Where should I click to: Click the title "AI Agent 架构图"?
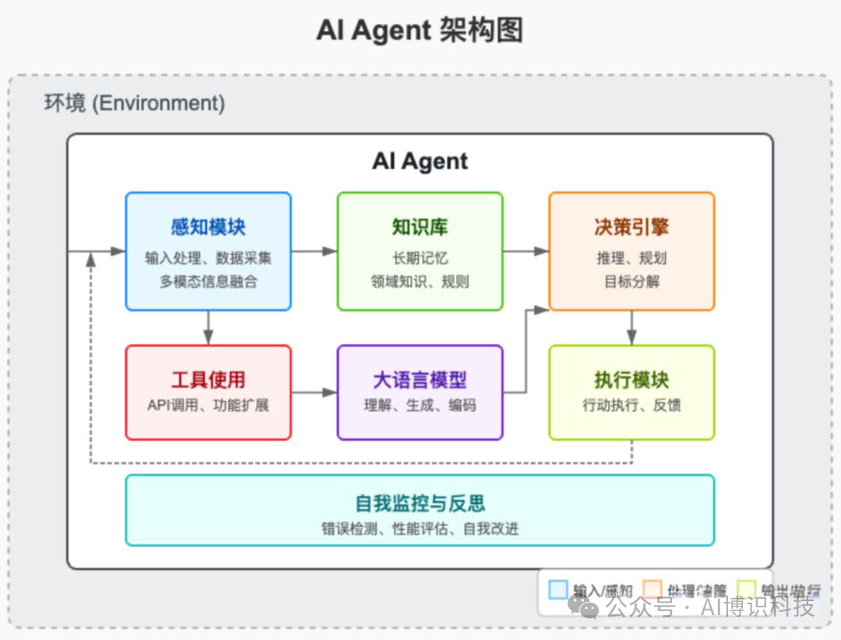tap(420, 30)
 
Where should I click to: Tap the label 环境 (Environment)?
tap(134, 103)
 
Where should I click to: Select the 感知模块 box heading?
tap(208, 227)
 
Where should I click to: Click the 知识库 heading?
tap(420, 227)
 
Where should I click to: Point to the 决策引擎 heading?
tap(632, 227)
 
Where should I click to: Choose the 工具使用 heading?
tap(208, 380)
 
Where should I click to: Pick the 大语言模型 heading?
tap(420, 380)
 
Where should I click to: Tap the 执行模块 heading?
tap(632, 380)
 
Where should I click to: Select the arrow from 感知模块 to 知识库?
tap(314, 251)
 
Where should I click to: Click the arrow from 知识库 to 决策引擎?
tap(526, 251)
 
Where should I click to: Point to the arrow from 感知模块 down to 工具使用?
tap(208, 327)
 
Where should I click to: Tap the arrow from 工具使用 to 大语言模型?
tap(314, 392)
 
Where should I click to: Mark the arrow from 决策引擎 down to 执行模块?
tap(632, 327)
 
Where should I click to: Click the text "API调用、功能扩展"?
tap(208, 405)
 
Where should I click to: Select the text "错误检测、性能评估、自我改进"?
tap(420, 529)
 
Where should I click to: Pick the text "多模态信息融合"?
tap(208, 282)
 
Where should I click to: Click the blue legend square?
tap(558, 589)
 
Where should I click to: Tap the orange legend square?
tap(653, 589)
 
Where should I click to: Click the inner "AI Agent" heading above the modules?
tap(420, 161)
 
